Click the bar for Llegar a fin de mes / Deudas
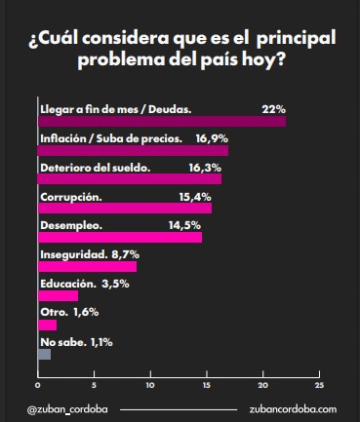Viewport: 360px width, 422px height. click(x=161, y=121)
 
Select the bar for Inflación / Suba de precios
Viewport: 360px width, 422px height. click(x=133, y=150)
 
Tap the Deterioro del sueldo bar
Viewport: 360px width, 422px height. click(x=129, y=178)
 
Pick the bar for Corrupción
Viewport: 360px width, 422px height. click(x=124, y=208)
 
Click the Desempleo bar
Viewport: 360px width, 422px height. click(x=119, y=237)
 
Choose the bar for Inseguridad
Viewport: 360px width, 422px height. click(x=87, y=266)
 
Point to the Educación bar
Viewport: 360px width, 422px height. click(x=58, y=295)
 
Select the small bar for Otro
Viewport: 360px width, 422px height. click(x=47, y=325)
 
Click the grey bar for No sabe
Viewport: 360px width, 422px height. click(x=44, y=354)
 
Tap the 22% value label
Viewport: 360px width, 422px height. click(x=273, y=107)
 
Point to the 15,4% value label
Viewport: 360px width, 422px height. click(x=196, y=196)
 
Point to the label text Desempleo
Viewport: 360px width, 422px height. click(x=67, y=225)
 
